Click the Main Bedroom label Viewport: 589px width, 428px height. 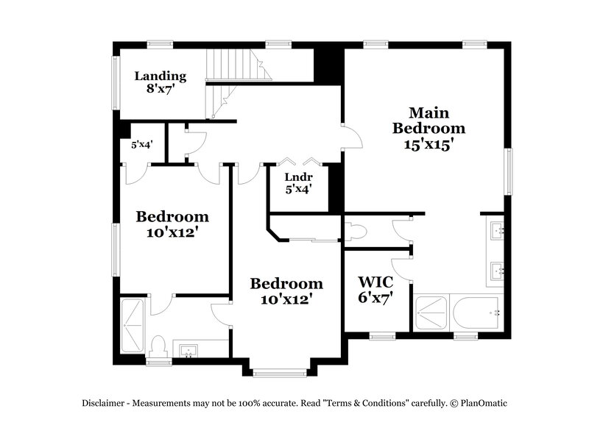tap(428, 129)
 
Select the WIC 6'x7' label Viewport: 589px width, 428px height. tap(375, 290)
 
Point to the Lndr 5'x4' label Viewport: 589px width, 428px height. tap(299, 182)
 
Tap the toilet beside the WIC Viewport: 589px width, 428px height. tap(357, 232)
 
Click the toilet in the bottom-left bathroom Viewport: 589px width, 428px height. tap(159, 346)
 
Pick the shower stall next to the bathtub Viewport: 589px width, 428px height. tap(431, 314)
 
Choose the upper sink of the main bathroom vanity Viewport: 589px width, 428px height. tap(496, 231)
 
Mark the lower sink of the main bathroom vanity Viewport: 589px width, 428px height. tap(496, 271)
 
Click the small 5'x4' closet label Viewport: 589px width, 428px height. tap(141, 145)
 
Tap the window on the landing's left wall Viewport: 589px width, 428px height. tap(115, 82)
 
